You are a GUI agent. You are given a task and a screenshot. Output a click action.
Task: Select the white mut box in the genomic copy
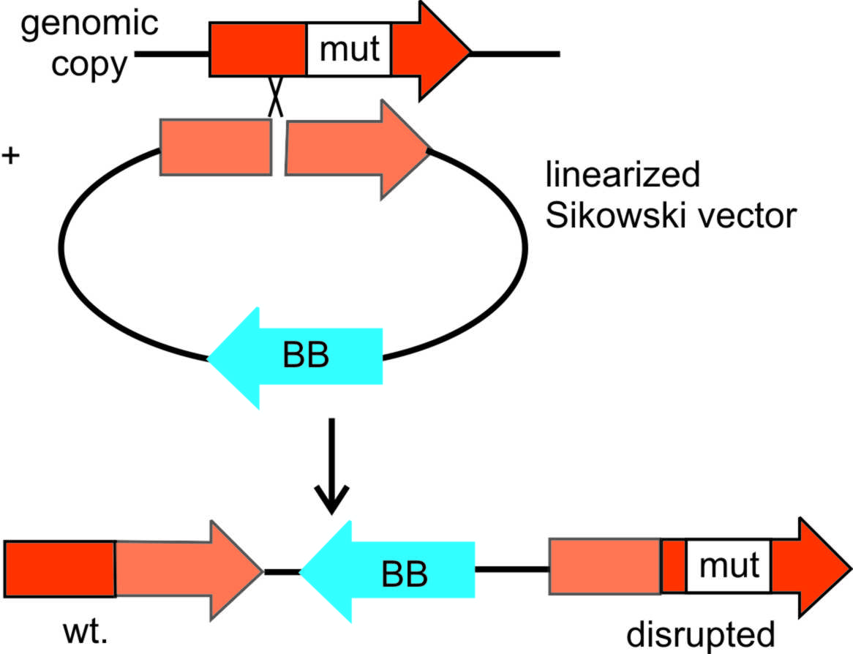click(x=348, y=50)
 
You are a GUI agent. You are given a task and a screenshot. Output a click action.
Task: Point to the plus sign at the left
click(x=11, y=156)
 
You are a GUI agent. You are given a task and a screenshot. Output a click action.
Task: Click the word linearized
click(x=624, y=176)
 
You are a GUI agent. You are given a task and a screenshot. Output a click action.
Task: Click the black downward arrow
click(x=332, y=467)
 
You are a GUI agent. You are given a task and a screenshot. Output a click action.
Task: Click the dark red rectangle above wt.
click(x=60, y=568)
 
